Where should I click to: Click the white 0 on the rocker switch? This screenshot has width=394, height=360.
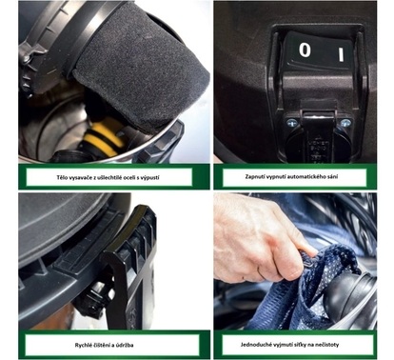coord(305,50)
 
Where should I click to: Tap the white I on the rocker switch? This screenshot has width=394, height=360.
coord(341,54)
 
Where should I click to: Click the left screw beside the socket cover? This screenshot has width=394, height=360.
coord(291,122)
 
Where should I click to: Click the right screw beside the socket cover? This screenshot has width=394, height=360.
coord(345,123)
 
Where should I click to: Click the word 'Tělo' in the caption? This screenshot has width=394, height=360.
coord(62,177)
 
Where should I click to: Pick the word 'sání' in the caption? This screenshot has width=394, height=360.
coord(334,176)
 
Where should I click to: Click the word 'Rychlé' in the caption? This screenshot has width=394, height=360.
coord(83,345)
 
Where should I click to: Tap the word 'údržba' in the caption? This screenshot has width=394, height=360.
coord(125,345)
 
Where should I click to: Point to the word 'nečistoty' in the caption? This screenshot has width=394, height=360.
coord(327,345)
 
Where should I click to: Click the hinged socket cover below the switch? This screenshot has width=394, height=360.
coord(318,133)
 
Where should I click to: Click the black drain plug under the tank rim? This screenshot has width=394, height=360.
coord(92,297)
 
